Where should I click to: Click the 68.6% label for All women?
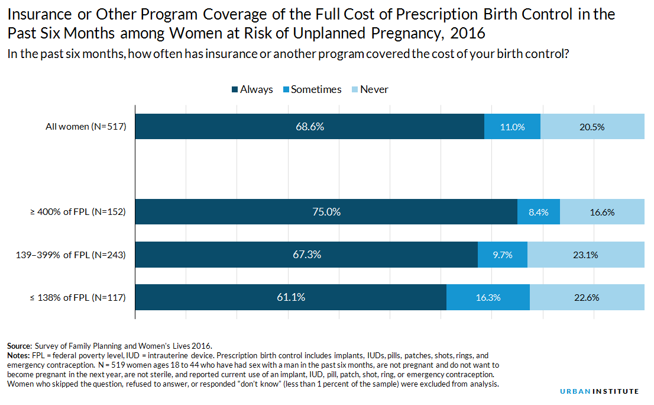click(x=310, y=127)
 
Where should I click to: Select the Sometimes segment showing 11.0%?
click(x=512, y=127)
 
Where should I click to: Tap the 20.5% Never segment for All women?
click(x=593, y=127)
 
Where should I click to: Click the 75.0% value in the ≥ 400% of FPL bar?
click(x=326, y=212)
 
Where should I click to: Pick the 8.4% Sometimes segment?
click(x=538, y=212)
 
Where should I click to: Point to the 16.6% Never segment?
click(x=602, y=212)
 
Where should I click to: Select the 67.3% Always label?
click(x=307, y=255)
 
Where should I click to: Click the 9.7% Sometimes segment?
click(x=502, y=255)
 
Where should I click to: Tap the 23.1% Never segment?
click(x=586, y=255)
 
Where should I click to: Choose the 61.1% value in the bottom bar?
click(x=291, y=297)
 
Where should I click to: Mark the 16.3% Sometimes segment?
click(x=488, y=298)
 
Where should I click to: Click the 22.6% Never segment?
click(x=587, y=298)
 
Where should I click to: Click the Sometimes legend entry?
click(x=311, y=89)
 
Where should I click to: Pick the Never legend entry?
click(x=369, y=89)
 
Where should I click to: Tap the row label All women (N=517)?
click(x=86, y=127)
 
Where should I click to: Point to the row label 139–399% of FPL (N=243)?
click(x=70, y=255)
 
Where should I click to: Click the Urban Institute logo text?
click(x=600, y=391)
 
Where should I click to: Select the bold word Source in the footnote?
click(x=20, y=346)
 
